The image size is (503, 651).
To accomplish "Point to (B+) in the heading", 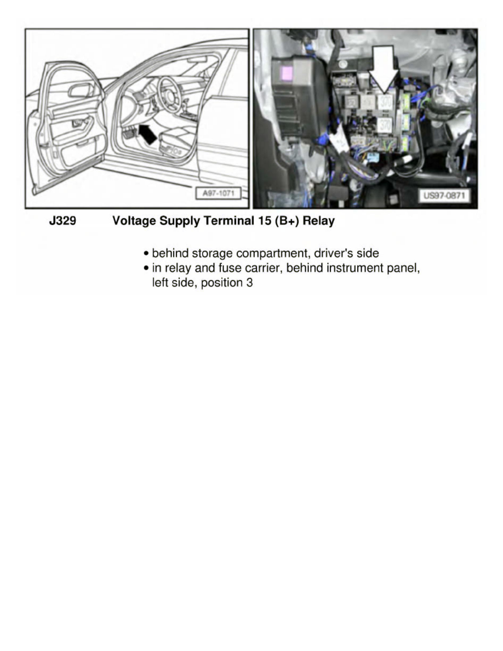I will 289,221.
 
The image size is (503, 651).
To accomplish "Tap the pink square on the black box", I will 287,72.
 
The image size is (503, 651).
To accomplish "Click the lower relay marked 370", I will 385,125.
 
